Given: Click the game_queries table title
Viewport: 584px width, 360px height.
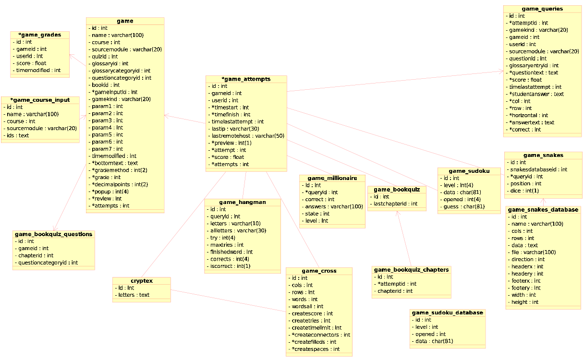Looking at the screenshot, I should coord(542,9).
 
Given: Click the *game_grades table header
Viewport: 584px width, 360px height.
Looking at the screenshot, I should coord(40,35).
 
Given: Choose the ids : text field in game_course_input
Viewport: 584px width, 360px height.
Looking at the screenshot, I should coord(18,135).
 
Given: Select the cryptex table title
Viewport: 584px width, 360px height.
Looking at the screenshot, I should coord(141,280).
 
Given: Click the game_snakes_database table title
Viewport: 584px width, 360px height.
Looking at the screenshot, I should coord(543,210).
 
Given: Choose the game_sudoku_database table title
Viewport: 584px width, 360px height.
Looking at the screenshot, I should coord(447,312).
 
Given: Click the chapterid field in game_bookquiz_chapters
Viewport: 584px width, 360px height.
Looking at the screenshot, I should coord(395,291).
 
